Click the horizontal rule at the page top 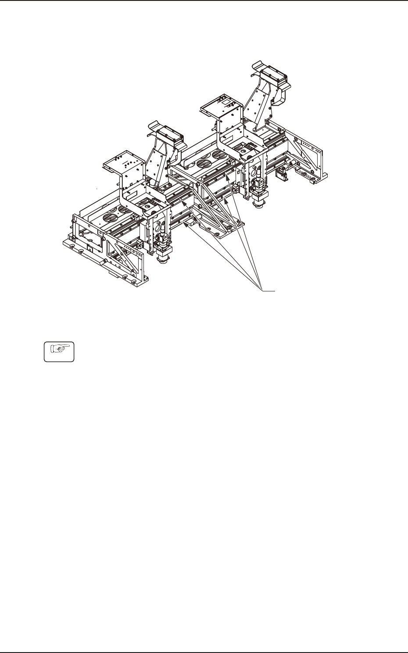click(204, 1)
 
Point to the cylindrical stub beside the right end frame click(291, 164)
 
